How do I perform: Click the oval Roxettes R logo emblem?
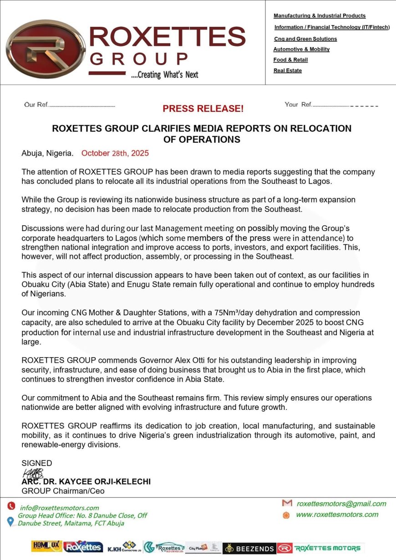pyautogui.click(x=39, y=49)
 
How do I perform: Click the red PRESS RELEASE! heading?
pyautogui.click(x=203, y=109)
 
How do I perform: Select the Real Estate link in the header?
pyautogui.click(x=287, y=71)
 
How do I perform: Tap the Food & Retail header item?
pyautogui.click(x=290, y=60)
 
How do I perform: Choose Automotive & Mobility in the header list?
pyautogui.click(x=301, y=49)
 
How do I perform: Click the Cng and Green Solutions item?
pyautogui.click(x=305, y=39)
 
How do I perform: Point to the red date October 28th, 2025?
pyautogui.click(x=115, y=153)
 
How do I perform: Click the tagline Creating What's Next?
pyautogui.click(x=164, y=75)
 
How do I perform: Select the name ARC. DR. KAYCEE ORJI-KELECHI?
pyautogui.click(x=86, y=482)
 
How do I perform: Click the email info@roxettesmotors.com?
pyautogui.click(x=60, y=508)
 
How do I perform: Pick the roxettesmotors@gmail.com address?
pyautogui.click(x=341, y=504)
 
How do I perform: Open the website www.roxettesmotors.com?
pyautogui.click(x=337, y=515)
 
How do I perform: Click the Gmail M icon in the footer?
pyautogui.click(x=287, y=503)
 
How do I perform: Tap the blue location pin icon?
pyautogui.click(x=10, y=521)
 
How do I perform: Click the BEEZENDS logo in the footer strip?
pyautogui.click(x=249, y=548)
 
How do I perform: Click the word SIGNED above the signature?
pyautogui.click(x=37, y=463)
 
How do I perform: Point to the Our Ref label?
pyautogui.click(x=36, y=105)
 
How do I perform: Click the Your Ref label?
pyautogui.click(x=298, y=105)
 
